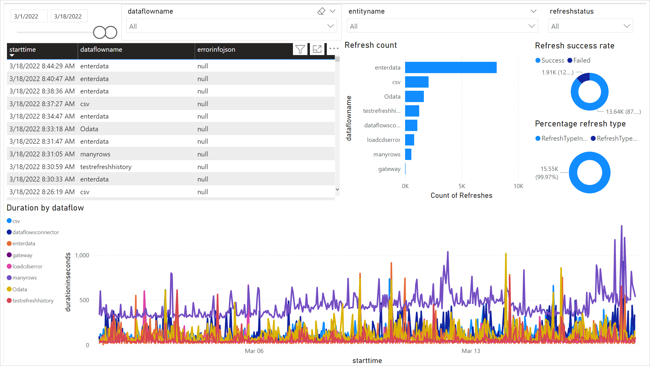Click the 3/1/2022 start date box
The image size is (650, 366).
26,16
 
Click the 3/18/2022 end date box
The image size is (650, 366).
68,16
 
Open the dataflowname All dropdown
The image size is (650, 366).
231,26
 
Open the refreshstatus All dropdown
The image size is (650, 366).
590,26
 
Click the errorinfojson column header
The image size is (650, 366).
216,50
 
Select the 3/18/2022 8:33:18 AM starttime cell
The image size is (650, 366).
42,129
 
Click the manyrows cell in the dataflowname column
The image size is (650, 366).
95,154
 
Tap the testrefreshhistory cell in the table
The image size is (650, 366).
106,167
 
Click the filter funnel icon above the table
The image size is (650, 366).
300,49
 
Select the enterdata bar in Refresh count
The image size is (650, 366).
450,67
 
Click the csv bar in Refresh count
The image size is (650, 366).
417,82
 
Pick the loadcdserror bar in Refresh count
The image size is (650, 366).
410,140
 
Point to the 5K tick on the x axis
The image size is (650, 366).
462,186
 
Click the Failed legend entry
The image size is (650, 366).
579,60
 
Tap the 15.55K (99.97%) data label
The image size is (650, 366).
548,173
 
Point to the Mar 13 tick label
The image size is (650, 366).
471,351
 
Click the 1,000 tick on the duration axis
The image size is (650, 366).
82,256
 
